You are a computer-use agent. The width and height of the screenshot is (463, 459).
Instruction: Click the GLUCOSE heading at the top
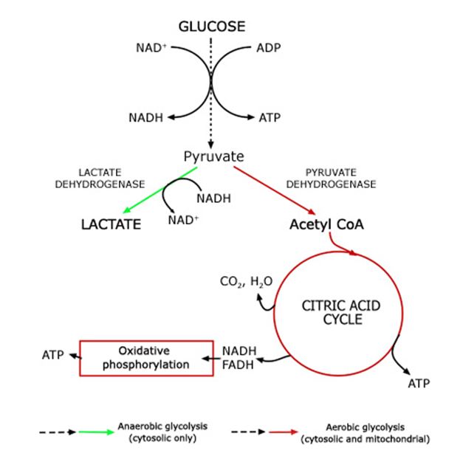click(211, 27)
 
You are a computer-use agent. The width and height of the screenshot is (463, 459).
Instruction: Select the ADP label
click(268, 49)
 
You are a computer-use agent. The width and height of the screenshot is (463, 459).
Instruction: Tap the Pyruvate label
click(213, 156)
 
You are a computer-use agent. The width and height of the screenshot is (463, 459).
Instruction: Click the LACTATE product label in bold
click(111, 224)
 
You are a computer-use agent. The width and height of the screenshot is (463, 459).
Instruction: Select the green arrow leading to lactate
click(160, 190)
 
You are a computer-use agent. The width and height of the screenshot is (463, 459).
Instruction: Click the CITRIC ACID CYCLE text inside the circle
click(333, 312)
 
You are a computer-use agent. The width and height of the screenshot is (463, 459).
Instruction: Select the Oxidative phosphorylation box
click(145, 358)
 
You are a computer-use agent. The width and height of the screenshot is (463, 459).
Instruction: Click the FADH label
click(239, 364)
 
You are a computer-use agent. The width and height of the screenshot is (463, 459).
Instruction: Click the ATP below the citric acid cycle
click(418, 384)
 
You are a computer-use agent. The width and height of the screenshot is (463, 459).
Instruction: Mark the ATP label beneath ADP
click(268, 117)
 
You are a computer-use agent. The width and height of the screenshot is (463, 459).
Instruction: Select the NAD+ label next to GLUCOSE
click(151, 49)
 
